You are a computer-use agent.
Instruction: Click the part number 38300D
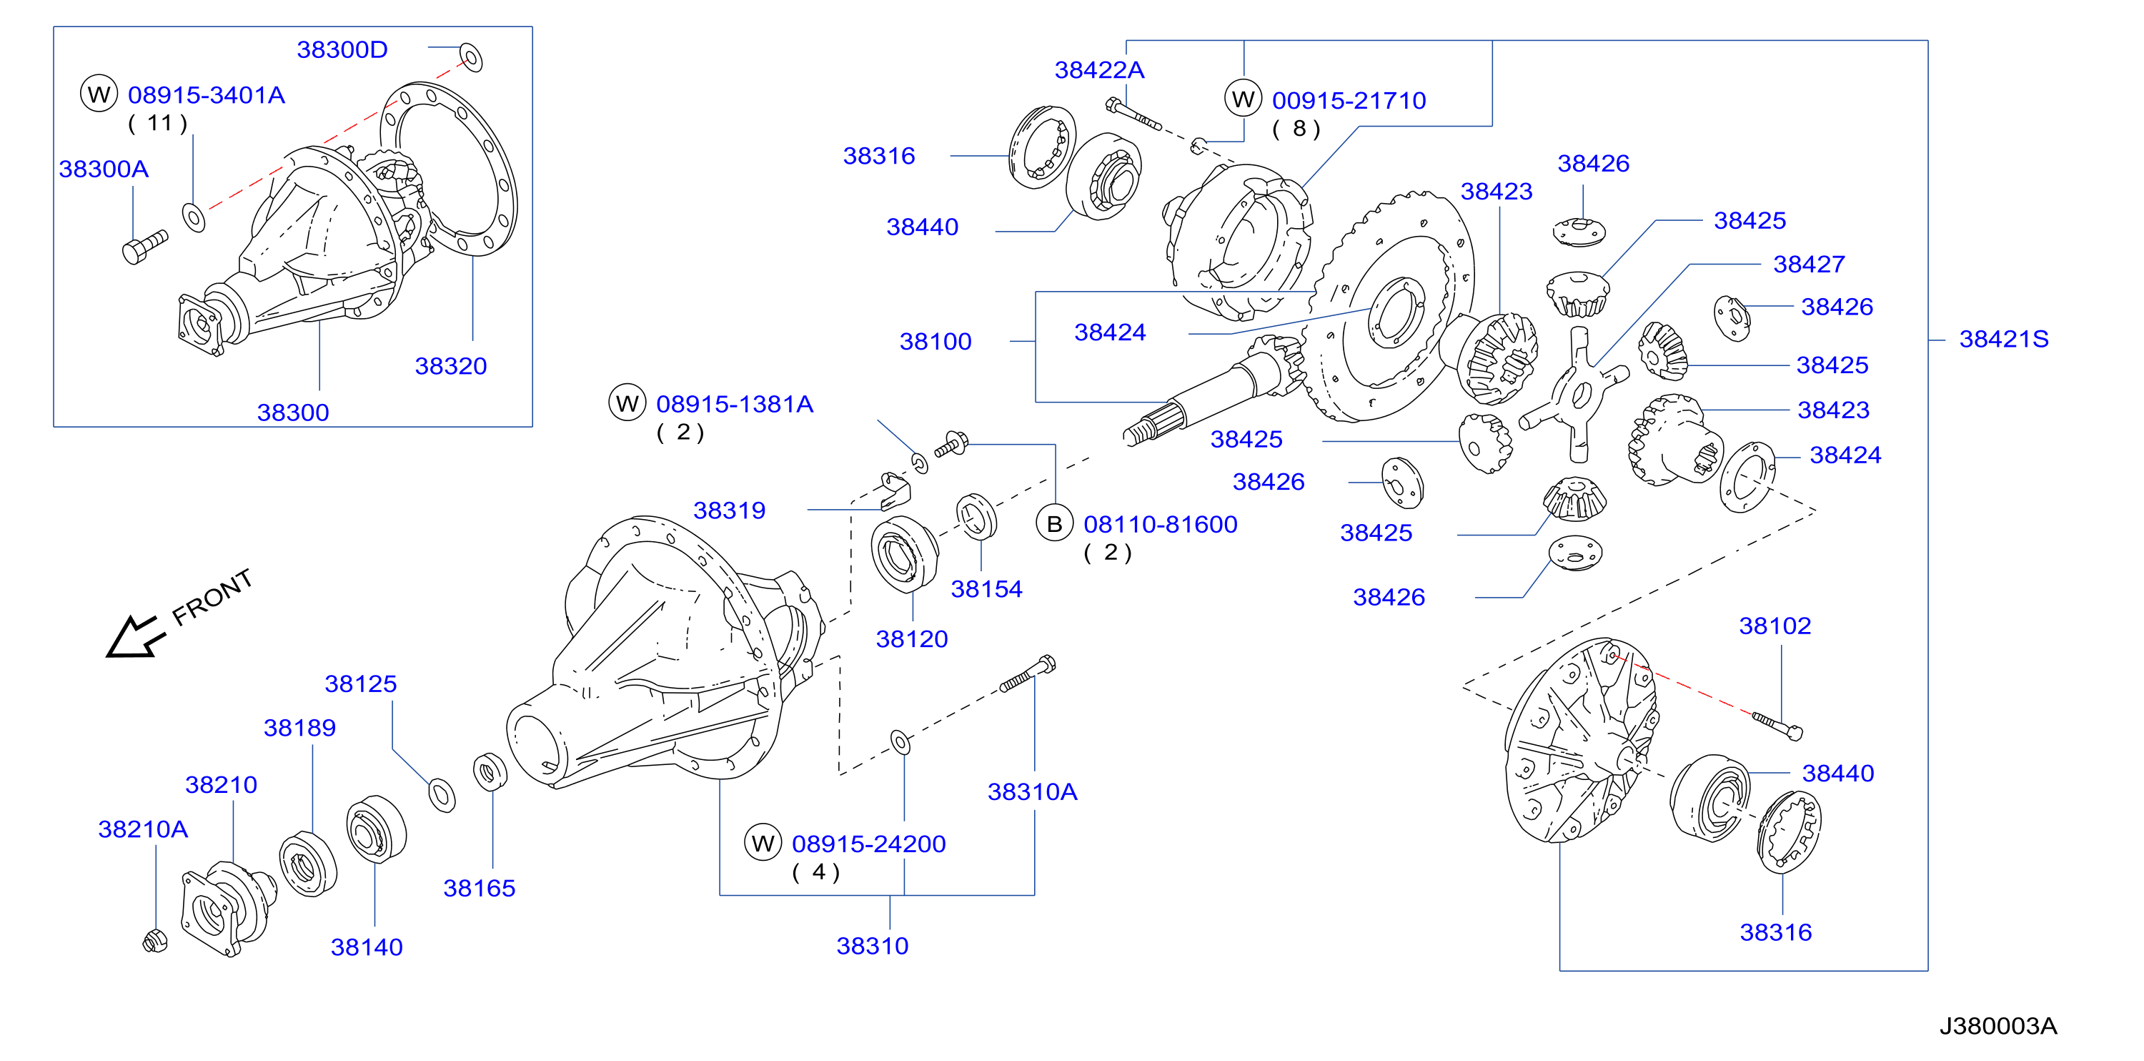[342, 50]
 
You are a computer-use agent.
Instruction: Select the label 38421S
[2003, 339]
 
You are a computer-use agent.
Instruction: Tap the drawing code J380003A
[1997, 1026]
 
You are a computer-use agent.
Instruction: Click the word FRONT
[212, 597]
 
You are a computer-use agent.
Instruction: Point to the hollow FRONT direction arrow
[135, 638]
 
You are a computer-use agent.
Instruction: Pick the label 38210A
[143, 829]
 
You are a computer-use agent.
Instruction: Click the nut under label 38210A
[155, 940]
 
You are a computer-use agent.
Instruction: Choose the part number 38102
[1775, 626]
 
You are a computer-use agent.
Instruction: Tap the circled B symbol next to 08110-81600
[1055, 524]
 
